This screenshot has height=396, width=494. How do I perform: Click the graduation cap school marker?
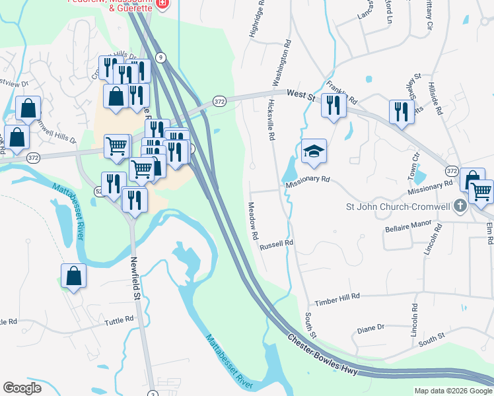click(x=314, y=151)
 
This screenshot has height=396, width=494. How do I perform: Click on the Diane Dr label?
click(x=370, y=327)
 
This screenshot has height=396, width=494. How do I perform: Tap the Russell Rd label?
click(x=276, y=245)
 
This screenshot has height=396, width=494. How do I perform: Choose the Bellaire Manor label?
click(x=407, y=228)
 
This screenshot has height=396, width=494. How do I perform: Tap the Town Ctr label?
click(x=415, y=166)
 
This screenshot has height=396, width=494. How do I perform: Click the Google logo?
click(x=22, y=388)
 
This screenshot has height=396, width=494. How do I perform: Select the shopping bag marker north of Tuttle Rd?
click(x=74, y=277)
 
